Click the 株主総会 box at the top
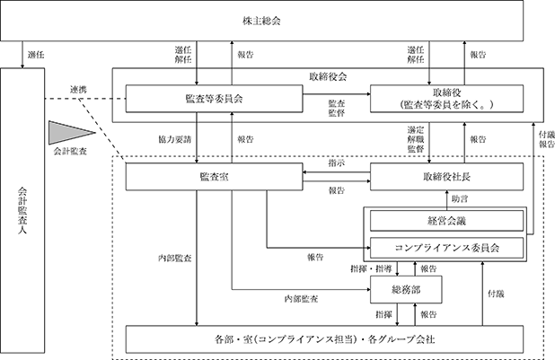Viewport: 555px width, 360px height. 262,21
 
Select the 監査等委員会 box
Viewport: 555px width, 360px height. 214,99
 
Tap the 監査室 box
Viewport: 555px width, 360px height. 214,177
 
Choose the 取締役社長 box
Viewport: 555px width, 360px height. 446,177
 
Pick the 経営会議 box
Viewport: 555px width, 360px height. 446,221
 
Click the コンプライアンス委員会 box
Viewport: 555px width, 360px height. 446,248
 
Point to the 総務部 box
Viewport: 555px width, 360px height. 406,290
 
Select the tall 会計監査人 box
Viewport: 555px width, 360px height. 22,211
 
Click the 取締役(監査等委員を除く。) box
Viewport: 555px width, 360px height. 446,99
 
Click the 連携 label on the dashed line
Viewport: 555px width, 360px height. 78,90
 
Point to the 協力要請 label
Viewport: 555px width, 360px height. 175,139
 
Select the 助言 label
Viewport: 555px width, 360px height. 460,199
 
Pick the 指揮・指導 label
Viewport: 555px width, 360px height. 371,269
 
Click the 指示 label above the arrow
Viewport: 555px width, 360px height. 337,163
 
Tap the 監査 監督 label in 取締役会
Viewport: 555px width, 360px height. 337,108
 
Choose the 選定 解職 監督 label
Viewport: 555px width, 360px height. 416,139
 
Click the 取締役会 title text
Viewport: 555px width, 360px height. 328,77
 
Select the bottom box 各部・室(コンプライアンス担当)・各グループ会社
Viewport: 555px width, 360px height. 324,339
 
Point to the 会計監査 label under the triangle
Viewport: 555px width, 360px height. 70,152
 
